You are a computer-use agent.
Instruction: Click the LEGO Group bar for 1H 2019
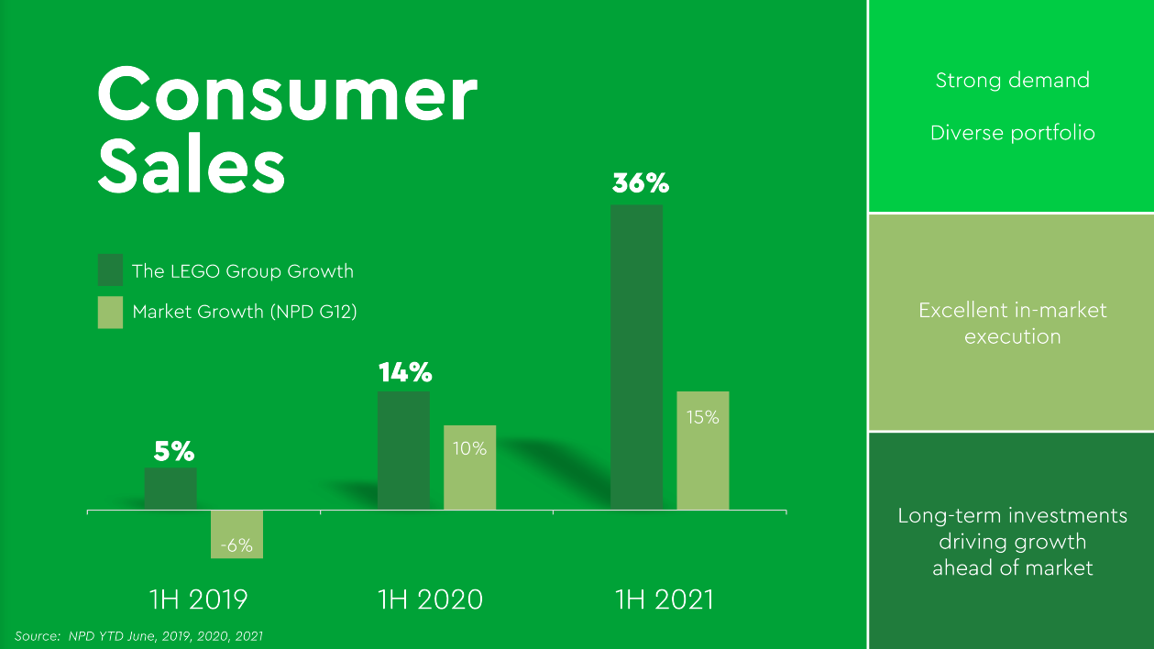[x=170, y=489]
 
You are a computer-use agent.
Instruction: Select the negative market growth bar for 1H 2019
[x=236, y=533]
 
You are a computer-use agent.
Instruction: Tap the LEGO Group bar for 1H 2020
[x=403, y=450]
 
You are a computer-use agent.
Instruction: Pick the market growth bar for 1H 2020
[x=469, y=467]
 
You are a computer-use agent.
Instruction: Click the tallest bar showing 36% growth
[x=636, y=357]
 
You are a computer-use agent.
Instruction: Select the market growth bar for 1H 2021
[x=703, y=450]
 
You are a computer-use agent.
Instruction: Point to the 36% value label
[x=641, y=183]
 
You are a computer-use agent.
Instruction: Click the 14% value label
[x=405, y=372]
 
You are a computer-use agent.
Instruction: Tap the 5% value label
[x=173, y=451]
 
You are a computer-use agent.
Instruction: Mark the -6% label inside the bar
[x=236, y=544]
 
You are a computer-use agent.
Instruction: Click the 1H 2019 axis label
[x=199, y=599]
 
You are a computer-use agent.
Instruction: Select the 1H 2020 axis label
[x=430, y=599]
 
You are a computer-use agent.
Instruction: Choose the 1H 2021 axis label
[x=664, y=599]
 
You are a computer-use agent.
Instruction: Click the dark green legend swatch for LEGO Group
[x=110, y=271]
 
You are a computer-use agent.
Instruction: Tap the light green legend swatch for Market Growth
[x=110, y=312]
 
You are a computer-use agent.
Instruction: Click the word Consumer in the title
[x=287, y=95]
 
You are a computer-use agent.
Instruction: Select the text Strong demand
[x=1012, y=81]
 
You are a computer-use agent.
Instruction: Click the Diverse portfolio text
[x=1012, y=133]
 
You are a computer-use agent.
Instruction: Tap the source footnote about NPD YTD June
[x=139, y=635]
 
